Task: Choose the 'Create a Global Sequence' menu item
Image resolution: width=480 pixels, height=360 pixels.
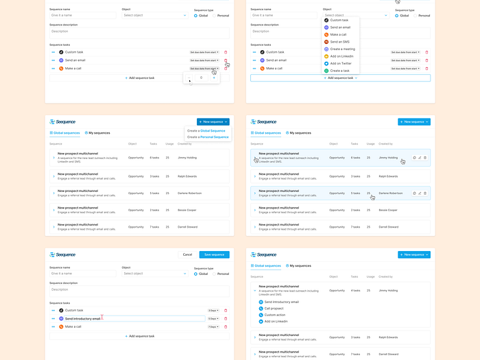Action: point(206,130)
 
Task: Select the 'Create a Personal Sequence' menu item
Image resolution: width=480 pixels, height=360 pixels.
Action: point(208,136)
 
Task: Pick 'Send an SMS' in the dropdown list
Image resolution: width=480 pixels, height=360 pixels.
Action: point(339,42)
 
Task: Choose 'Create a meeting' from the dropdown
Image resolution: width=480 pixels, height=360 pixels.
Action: point(342,49)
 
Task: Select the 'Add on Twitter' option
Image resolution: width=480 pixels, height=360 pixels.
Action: point(341,63)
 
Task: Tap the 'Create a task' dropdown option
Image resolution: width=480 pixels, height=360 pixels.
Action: point(339,71)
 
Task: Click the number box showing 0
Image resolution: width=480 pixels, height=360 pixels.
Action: point(200,78)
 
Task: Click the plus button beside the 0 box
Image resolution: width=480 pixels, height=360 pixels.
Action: point(213,78)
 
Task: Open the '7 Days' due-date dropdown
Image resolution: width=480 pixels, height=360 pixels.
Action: point(213,326)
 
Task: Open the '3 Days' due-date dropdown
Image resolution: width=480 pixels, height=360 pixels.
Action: point(213,311)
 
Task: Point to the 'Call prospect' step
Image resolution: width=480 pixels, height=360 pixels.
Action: point(274,308)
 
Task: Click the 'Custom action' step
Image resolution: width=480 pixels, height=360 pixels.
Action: point(275,315)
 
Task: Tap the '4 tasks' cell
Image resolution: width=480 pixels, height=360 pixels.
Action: point(355,290)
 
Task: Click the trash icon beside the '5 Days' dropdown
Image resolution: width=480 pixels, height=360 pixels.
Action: point(226,319)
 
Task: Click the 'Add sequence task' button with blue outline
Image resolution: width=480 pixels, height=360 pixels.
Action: point(340,78)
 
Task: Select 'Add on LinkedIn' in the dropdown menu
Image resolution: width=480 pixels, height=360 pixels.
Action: point(341,56)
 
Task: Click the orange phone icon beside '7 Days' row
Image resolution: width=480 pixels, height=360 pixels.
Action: point(61,326)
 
